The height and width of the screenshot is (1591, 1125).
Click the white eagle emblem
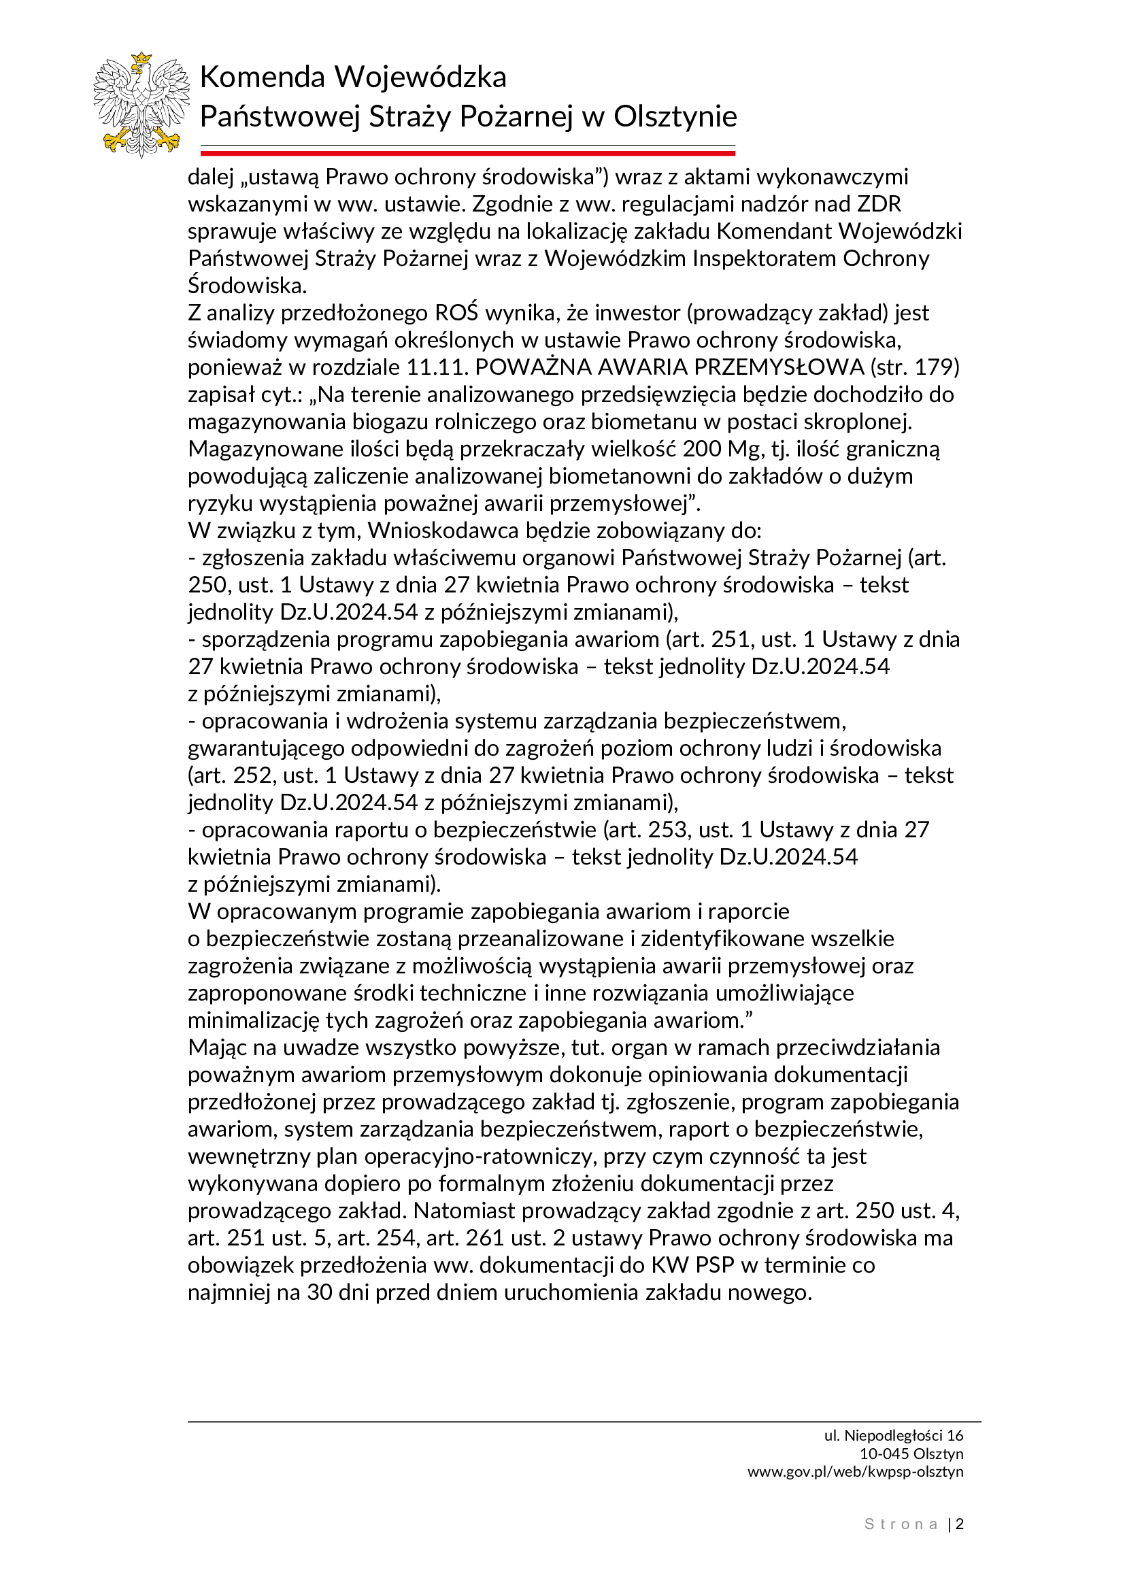[x=141, y=104]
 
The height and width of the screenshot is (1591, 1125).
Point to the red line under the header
[x=467, y=152]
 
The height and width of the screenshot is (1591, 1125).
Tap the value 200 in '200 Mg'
[x=703, y=449]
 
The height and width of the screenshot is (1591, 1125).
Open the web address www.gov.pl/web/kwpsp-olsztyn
[x=856, y=1471]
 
